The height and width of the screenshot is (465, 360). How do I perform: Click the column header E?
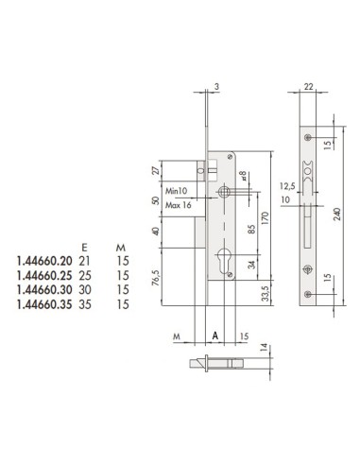point(86,241)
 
